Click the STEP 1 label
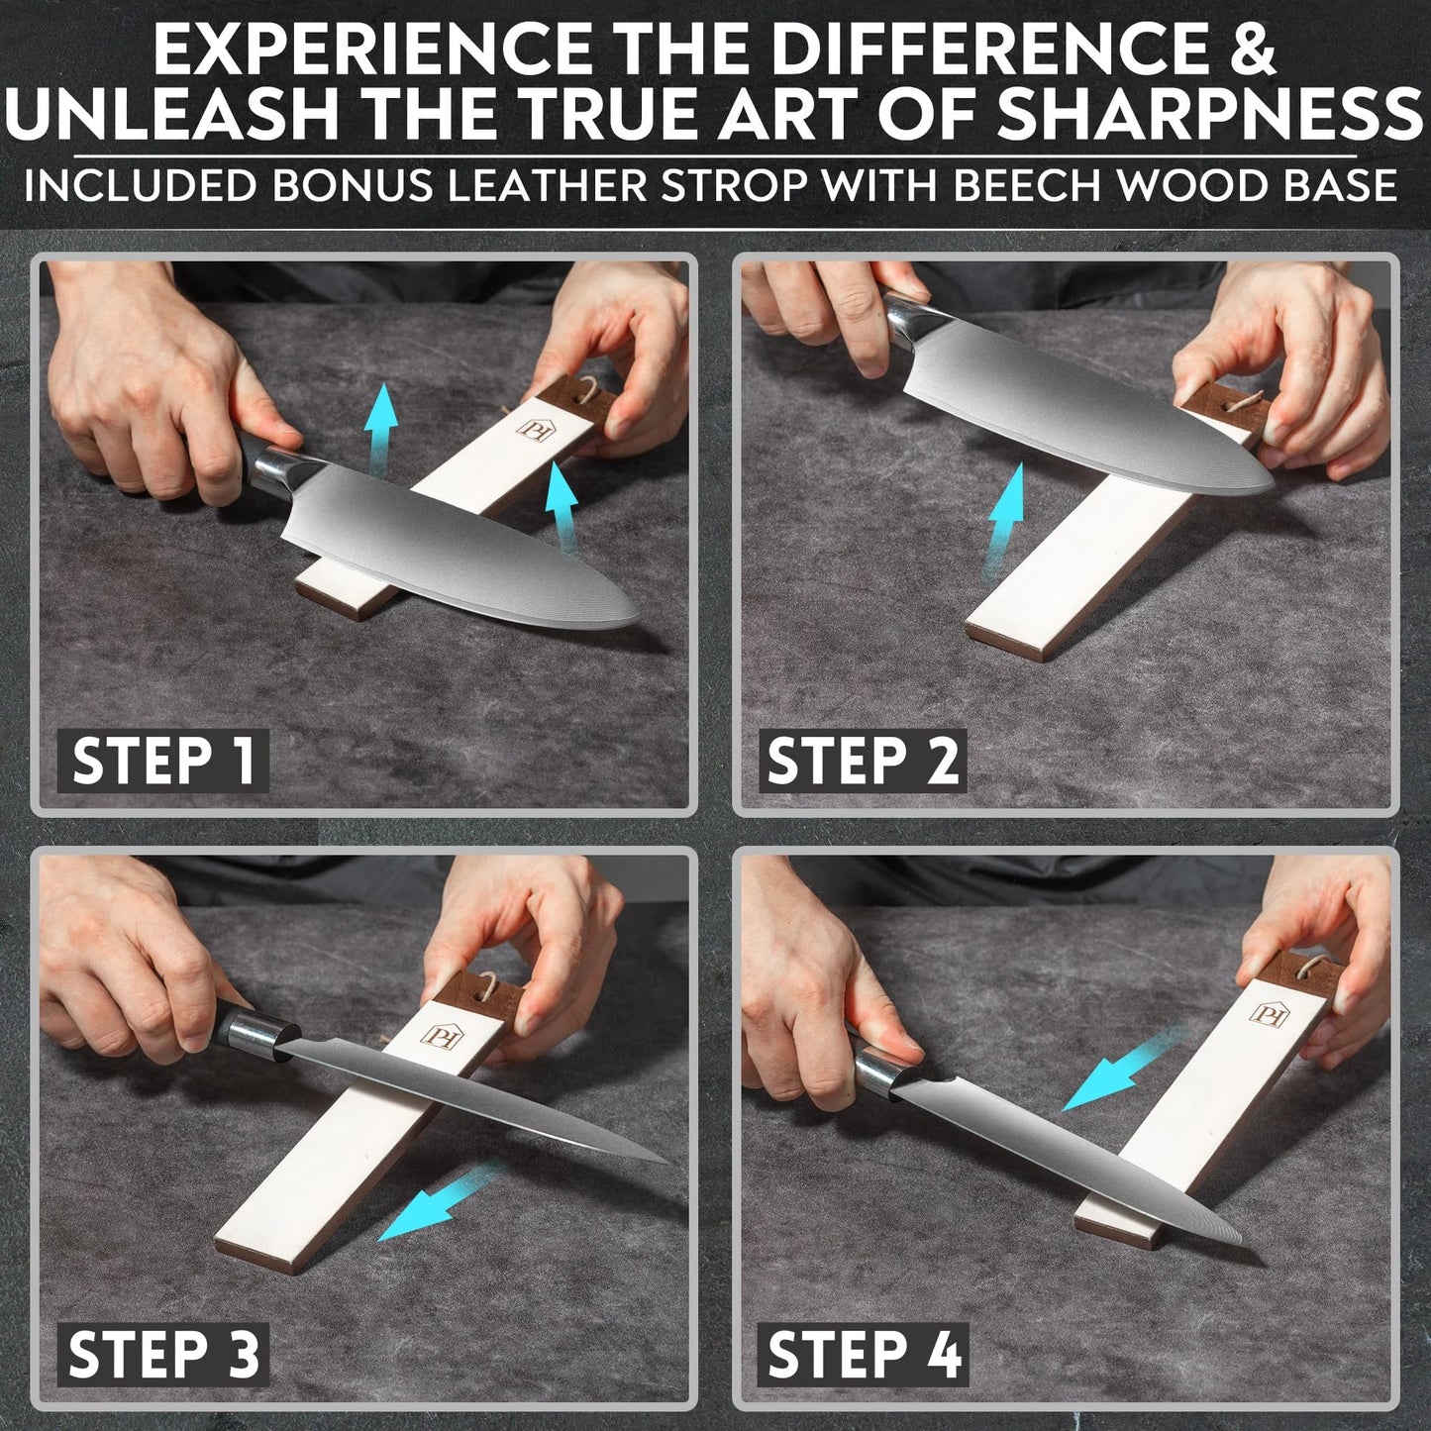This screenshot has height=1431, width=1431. click(163, 761)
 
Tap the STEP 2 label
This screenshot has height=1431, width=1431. click(863, 761)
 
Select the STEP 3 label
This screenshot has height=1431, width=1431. click(163, 1353)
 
